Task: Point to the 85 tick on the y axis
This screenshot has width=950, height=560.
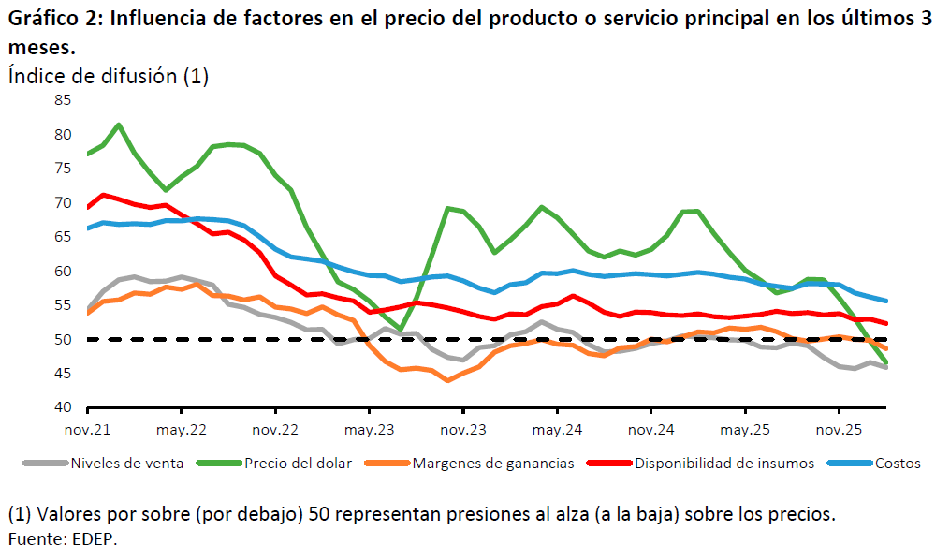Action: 63,100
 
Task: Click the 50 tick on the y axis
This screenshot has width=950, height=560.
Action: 63,340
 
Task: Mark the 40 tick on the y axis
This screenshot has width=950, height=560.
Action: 63,408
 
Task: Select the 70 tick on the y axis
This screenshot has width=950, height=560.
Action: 63,203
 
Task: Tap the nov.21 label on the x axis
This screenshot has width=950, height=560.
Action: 87,430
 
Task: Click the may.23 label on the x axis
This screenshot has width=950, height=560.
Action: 370,430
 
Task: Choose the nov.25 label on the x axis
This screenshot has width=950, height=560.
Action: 840,430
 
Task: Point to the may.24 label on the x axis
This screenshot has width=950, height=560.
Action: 558,430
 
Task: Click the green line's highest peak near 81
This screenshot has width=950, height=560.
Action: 119,125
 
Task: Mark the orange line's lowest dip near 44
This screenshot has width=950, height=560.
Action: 447,380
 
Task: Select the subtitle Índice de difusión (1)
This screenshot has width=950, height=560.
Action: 108,76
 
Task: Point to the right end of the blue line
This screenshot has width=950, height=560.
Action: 886,301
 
